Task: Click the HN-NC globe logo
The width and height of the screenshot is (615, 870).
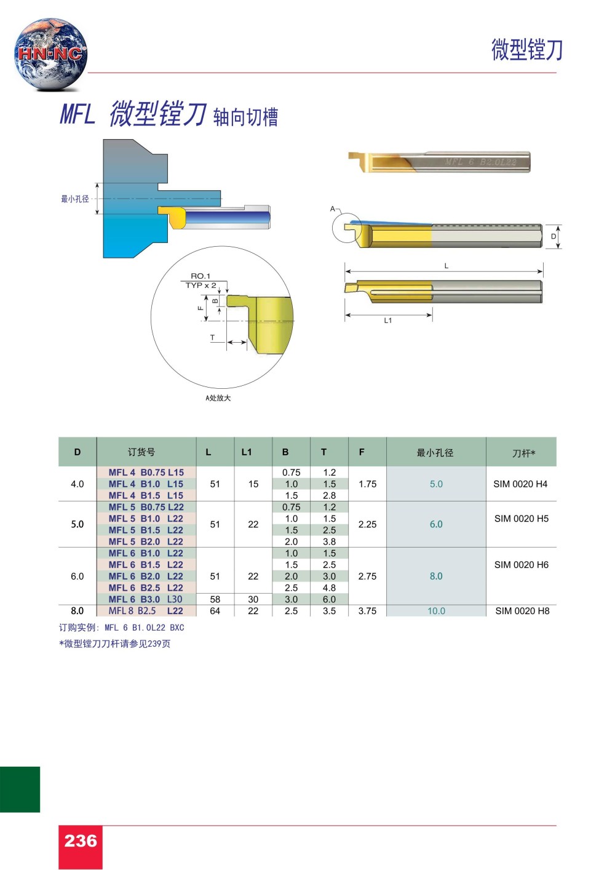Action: pos(50,54)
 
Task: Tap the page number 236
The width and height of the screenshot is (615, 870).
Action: pos(81,841)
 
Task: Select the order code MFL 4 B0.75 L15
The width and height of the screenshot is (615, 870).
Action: pos(146,473)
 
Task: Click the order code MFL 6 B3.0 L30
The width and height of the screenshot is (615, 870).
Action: pos(146,599)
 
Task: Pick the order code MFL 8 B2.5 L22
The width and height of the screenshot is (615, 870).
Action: pos(146,610)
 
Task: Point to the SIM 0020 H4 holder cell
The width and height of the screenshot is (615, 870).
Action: pos(520,484)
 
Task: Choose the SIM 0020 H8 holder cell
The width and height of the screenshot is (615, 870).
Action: pos(522,611)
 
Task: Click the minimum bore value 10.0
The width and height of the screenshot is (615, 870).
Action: pos(436,611)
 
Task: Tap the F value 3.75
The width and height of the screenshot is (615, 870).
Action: pos(367,611)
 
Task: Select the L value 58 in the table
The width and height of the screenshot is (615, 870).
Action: pos(215,599)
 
